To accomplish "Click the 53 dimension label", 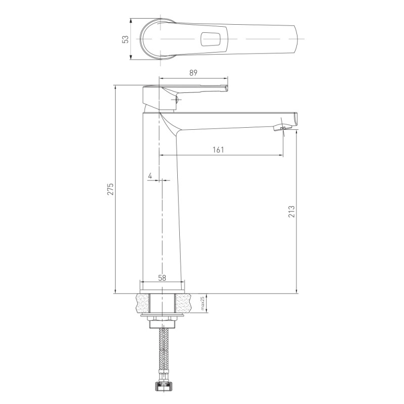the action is [125, 39].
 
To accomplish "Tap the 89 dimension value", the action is [193, 73].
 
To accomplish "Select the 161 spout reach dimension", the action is [218, 149].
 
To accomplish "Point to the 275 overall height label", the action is [111, 189].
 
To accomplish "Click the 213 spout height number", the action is [291, 212].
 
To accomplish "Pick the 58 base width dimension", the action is [162, 278].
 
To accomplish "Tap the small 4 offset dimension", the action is [150, 176].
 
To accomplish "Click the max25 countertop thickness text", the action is [203, 303].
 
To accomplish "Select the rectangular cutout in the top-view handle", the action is [211, 39].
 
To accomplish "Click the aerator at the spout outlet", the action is [282, 127].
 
